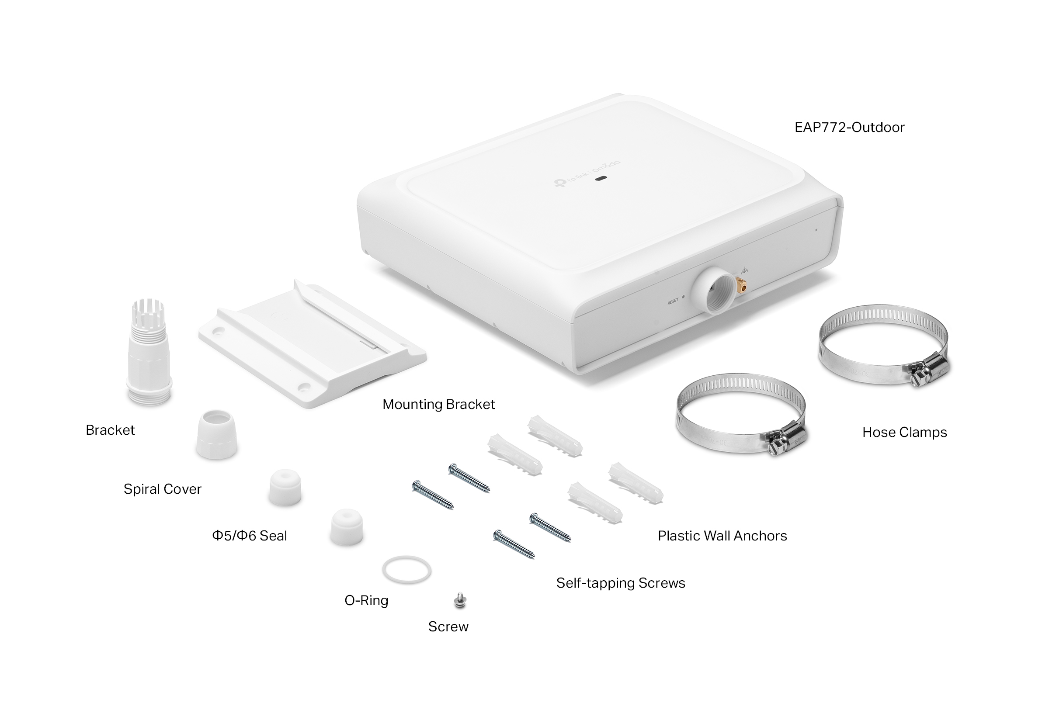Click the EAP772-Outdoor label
coord(849,127)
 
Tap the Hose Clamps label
coord(905,432)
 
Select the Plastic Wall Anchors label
coord(722,536)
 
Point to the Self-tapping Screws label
coord(621,583)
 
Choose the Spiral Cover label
coord(162,489)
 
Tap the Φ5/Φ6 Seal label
coord(250,536)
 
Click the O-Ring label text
coord(366,600)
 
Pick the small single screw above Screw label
coord(460,600)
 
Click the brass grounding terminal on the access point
coord(741,284)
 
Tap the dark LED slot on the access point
coord(601,178)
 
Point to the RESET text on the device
coord(673,302)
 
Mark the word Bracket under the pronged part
coord(110,430)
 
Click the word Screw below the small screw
coord(448,627)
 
